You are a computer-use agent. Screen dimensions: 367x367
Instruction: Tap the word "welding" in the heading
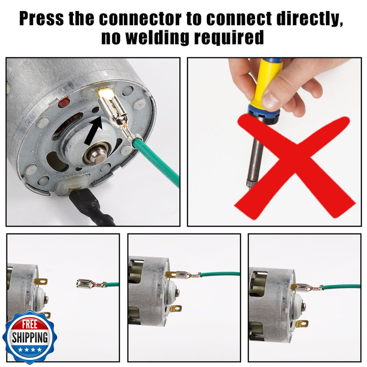click(x=157, y=38)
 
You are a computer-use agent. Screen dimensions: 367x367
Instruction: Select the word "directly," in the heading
click(x=310, y=18)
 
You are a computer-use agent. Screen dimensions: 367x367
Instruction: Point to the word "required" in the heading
click(x=229, y=38)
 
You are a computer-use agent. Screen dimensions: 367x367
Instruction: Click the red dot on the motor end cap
click(x=64, y=102)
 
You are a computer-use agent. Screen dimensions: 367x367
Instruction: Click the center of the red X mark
click(x=295, y=167)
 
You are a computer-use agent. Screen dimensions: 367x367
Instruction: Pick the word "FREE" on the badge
click(x=30, y=325)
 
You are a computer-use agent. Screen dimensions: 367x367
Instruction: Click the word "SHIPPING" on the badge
click(x=30, y=338)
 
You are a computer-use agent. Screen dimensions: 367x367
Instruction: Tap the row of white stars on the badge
click(x=30, y=350)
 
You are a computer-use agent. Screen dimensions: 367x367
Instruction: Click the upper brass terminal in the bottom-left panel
click(x=40, y=281)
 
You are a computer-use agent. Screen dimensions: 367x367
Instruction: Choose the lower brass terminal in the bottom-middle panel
click(x=176, y=309)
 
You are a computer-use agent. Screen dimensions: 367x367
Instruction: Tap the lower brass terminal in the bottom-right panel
click(x=302, y=324)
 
